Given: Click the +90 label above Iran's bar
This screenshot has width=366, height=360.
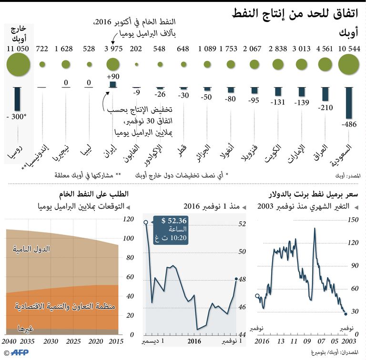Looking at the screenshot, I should pyautogui.click(x=113, y=77).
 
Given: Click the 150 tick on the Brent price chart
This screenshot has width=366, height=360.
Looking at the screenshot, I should pyautogui.click(x=353, y=220).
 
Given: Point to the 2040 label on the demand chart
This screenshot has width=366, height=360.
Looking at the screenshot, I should pyautogui.click(x=9, y=342).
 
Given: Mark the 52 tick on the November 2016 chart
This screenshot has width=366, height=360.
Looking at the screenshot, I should pyautogui.click(x=242, y=224).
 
